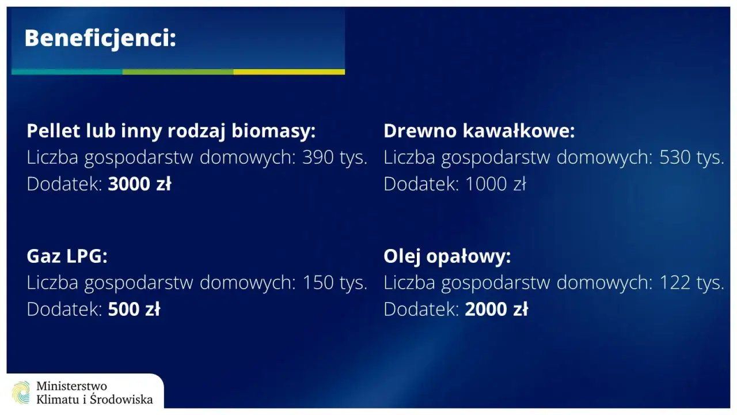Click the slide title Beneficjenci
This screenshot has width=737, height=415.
100,39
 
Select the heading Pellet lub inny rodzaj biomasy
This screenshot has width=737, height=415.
171,131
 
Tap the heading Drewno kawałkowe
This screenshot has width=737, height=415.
479,131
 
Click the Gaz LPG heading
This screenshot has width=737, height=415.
67,256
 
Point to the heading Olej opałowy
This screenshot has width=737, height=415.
447,256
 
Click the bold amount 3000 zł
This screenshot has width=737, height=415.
139,184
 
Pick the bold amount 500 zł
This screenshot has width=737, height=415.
134,310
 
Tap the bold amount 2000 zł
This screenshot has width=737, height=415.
496,310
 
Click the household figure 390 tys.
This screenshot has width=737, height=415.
335,158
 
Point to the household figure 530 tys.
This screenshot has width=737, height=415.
692,158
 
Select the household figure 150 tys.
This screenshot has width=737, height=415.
335,283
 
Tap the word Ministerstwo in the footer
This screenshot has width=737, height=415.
71,386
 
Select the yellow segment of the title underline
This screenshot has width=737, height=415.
289,72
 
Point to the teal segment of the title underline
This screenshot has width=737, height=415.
67,72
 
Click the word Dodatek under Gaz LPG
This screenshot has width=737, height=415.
64,310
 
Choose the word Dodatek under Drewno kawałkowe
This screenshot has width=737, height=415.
421,184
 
